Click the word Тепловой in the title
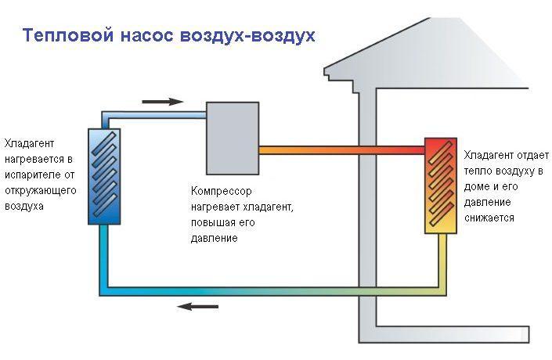(x=63, y=37)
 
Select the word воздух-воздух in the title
(x=248, y=37)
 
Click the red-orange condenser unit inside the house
(x=440, y=185)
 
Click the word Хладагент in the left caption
(x=28, y=143)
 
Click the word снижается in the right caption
(x=489, y=218)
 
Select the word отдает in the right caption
(x=525, y=155)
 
